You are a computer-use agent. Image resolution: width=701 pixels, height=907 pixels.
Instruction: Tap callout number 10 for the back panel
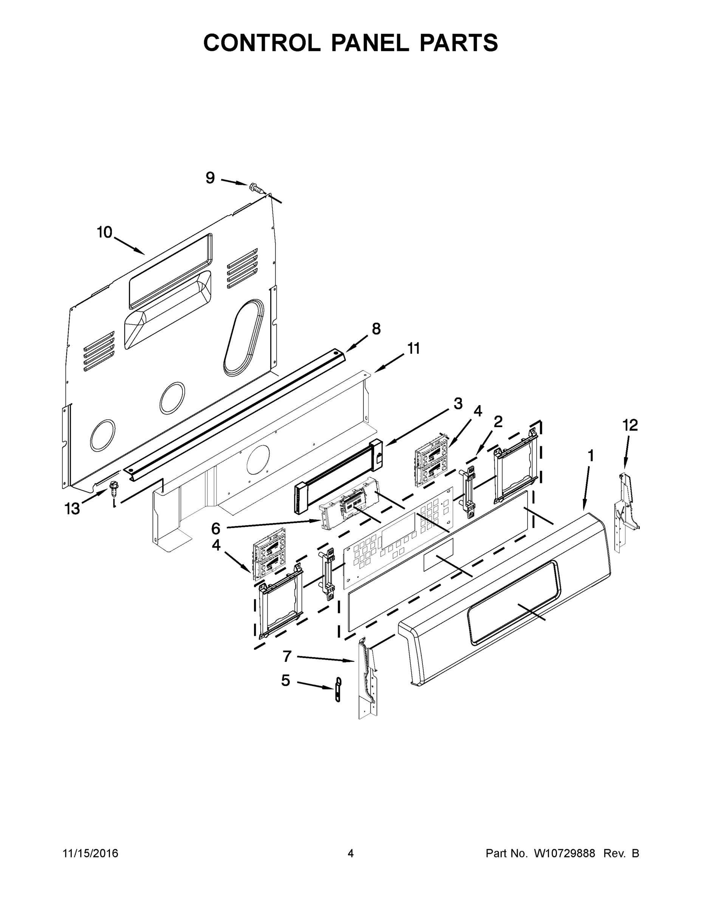coord(105,232)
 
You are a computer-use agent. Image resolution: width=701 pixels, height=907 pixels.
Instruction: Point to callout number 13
coord(72,509)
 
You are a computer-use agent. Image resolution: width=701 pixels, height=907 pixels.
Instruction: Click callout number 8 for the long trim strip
coord(376,329)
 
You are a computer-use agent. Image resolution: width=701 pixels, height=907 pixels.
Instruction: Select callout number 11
coord(413,348)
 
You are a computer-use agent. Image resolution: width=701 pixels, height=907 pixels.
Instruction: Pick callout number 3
coord(458,403)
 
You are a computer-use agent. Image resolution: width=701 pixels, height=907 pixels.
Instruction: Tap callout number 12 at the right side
coord(630,425)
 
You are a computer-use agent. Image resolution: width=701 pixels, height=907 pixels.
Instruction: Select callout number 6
coord(215,529)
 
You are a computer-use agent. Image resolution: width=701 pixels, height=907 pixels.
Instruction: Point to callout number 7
coord(287,656)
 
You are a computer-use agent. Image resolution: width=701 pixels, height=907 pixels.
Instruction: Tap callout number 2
coord(498,422)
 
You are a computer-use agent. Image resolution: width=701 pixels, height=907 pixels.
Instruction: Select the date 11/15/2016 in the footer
coord(91,853)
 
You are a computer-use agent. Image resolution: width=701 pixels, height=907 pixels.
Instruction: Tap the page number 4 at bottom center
coord(351,853)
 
